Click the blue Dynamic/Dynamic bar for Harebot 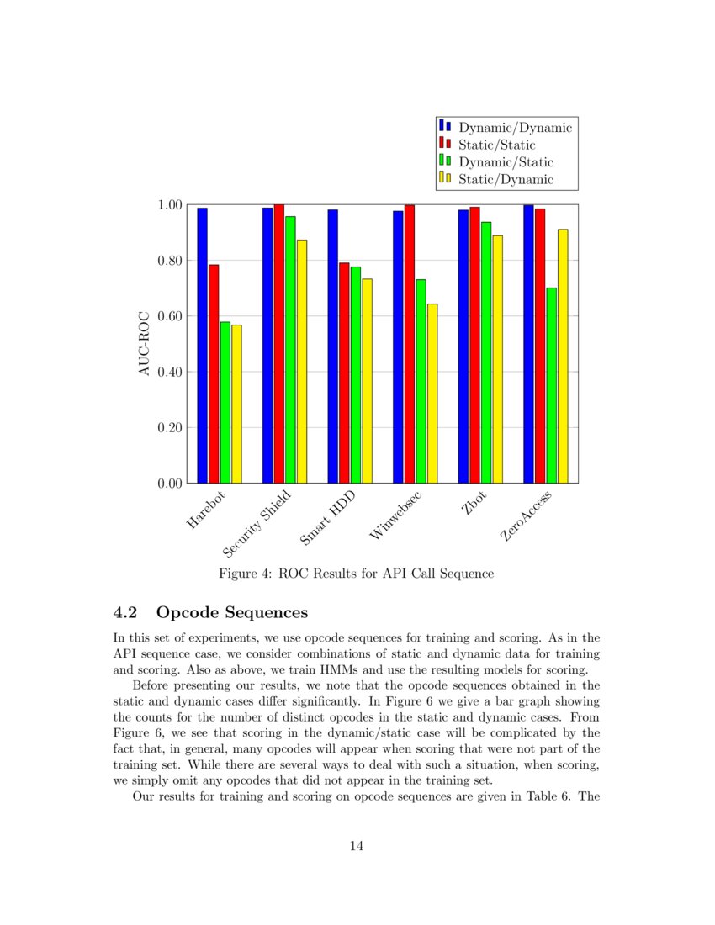[203, 345]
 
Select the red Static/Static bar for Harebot [214, 373]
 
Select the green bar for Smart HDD [356, 374]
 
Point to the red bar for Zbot [474, 345]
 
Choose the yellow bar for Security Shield [302, 361]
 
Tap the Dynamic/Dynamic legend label [515, 128]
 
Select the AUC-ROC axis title [145, 344]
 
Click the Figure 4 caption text [356, 574]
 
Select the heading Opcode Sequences [232, 611]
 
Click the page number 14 [357, 846]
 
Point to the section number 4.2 [126, 611]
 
